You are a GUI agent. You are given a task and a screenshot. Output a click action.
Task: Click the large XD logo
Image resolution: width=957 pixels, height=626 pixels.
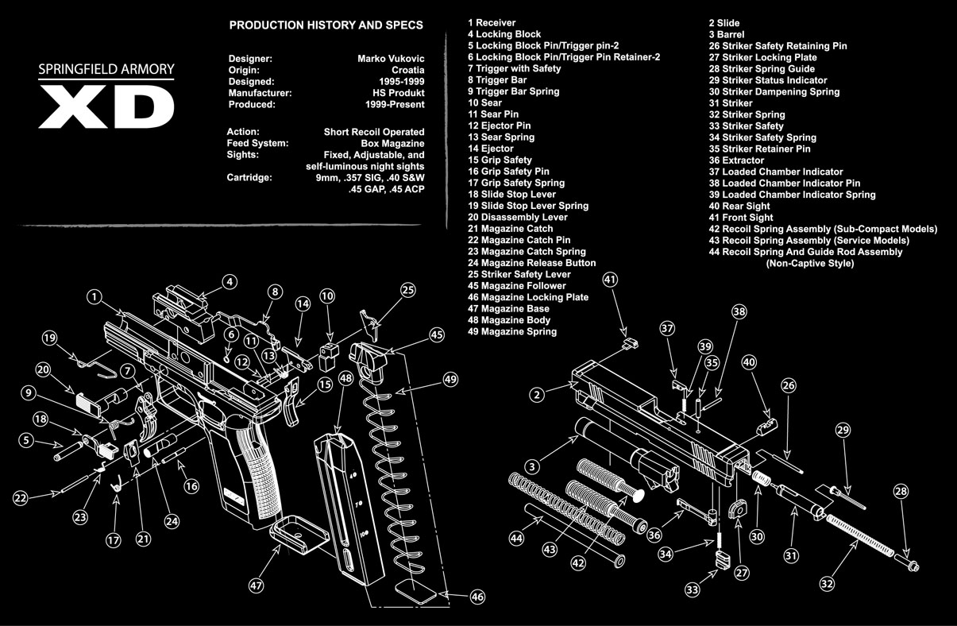pyautogui.click(x=106, y=106)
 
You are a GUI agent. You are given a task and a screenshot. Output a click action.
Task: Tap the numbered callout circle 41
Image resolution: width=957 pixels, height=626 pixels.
pyautogui.click(x=610, y=280)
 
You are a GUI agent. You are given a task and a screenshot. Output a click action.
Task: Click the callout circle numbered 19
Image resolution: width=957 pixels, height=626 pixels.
pyautogui.click(x=50, y=339)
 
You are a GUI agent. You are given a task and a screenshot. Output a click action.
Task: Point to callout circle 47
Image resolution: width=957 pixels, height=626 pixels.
pyautogui.click(x=256, y=585)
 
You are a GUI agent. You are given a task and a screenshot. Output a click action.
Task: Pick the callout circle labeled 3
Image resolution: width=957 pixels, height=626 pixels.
pyautogui.click(x=534, y=466)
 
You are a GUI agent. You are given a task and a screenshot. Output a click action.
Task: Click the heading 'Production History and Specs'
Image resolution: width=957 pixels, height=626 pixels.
pyautogui.click(x=326, y=25)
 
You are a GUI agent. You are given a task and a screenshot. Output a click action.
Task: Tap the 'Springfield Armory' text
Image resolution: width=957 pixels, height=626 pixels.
pyautogui.click(x=106, y=69)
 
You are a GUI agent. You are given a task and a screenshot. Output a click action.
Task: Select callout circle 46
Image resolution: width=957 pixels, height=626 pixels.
pyautogui.click(x=477, y=597)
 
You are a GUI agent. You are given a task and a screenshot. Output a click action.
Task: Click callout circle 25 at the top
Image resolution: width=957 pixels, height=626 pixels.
pyautogui.click(x=408, y=291)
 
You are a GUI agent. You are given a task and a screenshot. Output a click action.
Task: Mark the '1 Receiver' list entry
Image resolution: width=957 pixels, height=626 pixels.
pyautogui.click(x=492, y=23)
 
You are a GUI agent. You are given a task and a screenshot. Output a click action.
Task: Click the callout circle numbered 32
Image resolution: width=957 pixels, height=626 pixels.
pyautogui.click(x=827, y=584)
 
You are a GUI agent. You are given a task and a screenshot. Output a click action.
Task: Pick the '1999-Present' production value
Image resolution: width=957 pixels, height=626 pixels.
pyautogui.click(x=395, y=104)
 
